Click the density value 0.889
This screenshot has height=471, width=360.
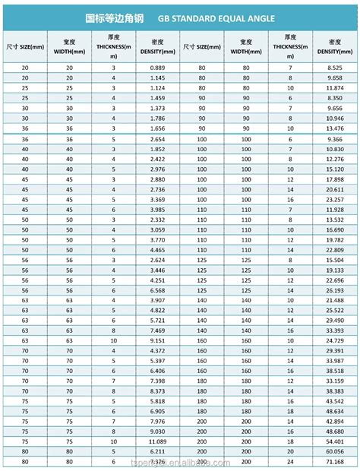(x=157, y=68)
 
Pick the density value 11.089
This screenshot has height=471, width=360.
(x=157, y=441)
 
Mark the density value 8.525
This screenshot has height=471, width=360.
(x=335, y=68)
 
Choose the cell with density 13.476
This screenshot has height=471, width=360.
(x=335, y=128)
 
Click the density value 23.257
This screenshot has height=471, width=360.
(x=335, y=199)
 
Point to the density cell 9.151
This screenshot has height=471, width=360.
(x=157, y=340)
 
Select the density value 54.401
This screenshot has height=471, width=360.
(x=335, y=441)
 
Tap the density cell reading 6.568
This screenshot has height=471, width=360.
(x=157, y=290)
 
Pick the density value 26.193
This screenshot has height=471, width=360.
(x=335, y=290)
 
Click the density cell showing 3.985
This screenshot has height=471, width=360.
(x=157, y=209)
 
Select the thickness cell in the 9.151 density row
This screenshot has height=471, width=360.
(x=113, y=340)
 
